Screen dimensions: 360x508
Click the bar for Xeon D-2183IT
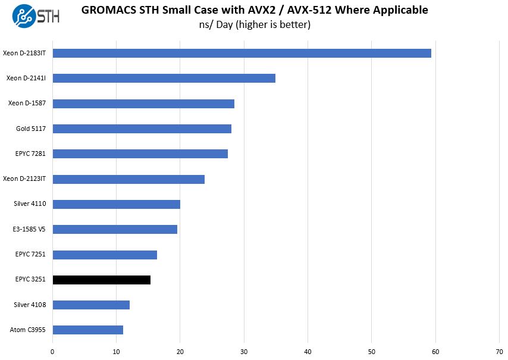242,53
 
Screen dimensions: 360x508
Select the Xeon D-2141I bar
164,78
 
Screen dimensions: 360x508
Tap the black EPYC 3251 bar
101,280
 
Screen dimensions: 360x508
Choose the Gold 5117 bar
142,129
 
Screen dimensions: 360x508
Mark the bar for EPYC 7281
140,154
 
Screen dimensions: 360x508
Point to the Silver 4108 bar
91,305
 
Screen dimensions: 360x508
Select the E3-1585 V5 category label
30,229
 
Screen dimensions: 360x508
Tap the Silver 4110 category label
30,204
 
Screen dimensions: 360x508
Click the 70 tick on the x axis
499,351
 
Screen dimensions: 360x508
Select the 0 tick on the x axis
53,351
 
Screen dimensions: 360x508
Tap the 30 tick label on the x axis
244,351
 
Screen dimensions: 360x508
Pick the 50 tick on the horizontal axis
372,351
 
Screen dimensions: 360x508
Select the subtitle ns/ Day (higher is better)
255,24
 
